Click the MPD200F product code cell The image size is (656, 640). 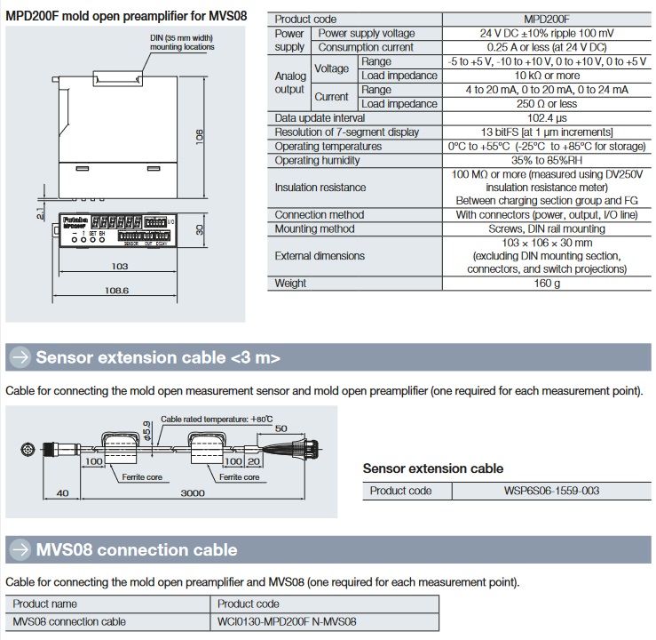point(548,19)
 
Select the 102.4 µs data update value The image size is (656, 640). point(548,118)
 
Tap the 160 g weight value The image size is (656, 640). point(548,284)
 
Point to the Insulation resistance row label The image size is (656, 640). point(320,188)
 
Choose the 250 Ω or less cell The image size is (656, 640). point(548,104)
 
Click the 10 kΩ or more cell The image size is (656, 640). point(548,76)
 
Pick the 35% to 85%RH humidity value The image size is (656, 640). point(548,161)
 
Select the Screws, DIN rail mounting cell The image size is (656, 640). point(548,228)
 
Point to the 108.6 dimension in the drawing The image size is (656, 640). point(117,291)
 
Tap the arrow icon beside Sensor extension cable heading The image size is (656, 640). point(19,357)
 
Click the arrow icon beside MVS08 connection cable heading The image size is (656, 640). point(19,548)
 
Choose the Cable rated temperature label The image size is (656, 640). point(217,418)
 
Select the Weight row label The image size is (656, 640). point(290,284)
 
